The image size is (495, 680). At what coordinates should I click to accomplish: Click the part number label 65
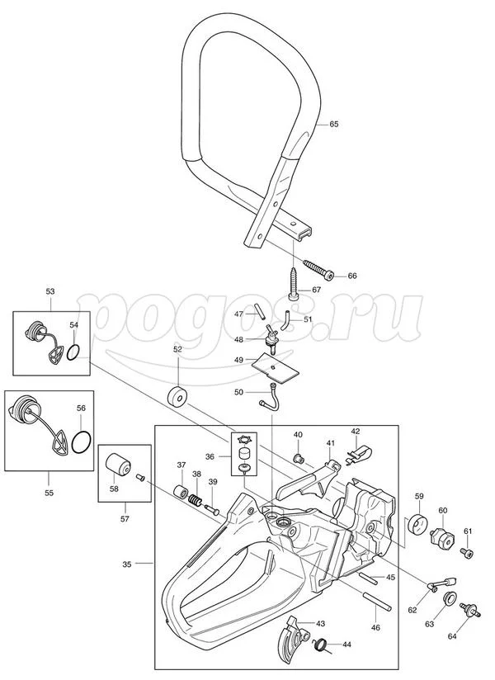333,124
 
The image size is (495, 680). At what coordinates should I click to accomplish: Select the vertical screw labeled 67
293,283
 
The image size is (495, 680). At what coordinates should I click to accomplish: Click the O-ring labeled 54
73,352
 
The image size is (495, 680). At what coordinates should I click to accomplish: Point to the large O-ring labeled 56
81,442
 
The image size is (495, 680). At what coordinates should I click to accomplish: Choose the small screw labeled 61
466,554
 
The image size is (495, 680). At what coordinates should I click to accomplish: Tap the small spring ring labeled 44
320,644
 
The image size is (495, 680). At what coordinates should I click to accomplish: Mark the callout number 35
126,564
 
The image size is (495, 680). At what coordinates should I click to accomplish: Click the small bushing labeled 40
298,457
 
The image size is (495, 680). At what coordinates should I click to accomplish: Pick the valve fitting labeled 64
468,611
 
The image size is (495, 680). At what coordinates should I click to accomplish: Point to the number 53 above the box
50,291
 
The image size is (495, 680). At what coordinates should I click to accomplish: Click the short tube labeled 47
261,312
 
